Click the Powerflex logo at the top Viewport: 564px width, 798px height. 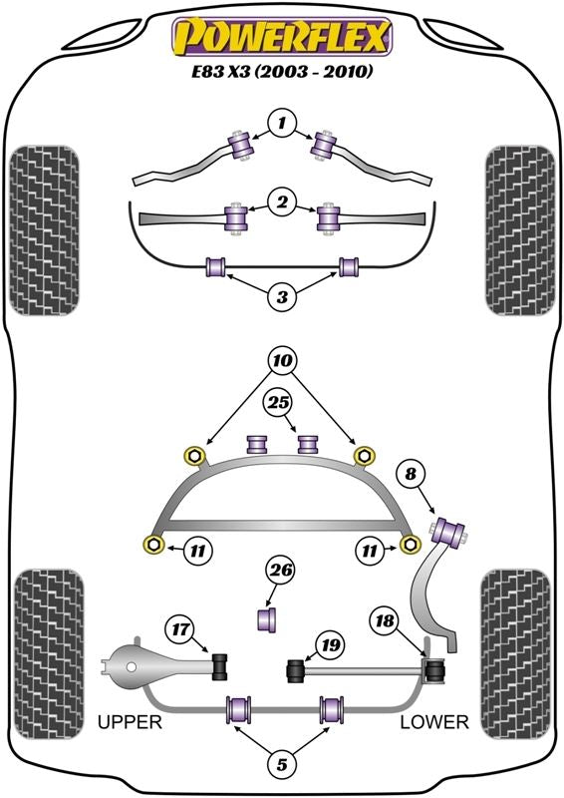point(282,37)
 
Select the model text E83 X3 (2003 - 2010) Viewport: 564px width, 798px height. point(281,72)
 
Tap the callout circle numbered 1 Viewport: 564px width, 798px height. point(282,123)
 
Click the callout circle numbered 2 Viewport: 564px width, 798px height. point(282,202)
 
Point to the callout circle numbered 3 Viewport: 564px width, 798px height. point(282,296)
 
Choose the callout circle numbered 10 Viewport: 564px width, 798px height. point(283,361)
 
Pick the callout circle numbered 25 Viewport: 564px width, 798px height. point(279,403)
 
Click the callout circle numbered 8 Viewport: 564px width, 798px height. point(410,475)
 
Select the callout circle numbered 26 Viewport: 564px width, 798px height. point(281,571)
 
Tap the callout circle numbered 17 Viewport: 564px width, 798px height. point(180,630)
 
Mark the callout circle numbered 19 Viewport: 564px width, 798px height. point(330,645)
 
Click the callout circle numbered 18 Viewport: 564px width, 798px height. point(385,621)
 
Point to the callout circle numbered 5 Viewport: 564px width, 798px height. point(282,764)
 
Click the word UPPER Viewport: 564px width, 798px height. point(130,721)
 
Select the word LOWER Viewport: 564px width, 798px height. point(433,721)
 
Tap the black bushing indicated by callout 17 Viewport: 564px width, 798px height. point(220,665)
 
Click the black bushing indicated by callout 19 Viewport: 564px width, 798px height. point(296,670)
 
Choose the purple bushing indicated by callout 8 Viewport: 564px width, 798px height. point(449,531)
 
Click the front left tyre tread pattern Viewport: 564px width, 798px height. point(44,230)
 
